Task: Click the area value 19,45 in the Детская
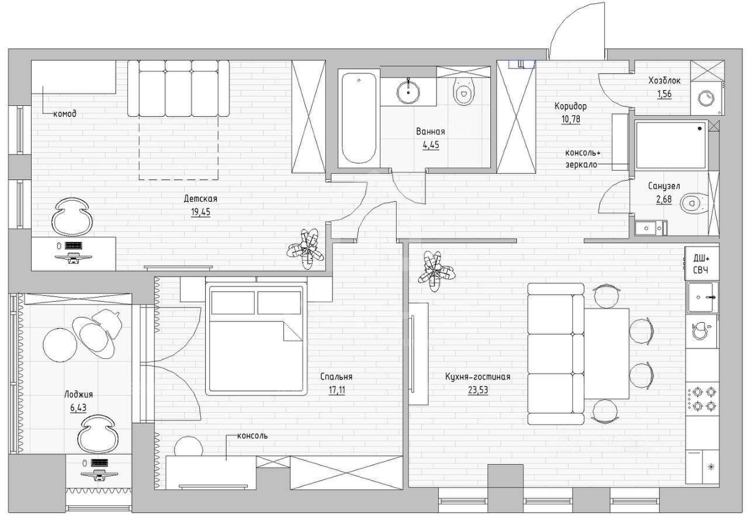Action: (x=200, y=213)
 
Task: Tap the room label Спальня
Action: (x=336, y=377)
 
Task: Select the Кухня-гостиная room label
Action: (x=478, y=377)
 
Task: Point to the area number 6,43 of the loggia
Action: (x=78, y=408)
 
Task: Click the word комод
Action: (x=65, y=114)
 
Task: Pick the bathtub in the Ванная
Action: (x=359, y=118)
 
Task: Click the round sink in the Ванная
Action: (x=408, y=91)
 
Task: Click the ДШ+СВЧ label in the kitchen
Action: (x=701, y=264)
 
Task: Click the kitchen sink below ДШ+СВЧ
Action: (x=702, y=297)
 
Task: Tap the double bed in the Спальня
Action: (x=256, y=339)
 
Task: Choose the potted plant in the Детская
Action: (x=306, y=248)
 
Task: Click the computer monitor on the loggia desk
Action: (x=99, y=475)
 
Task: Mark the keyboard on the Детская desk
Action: (x=73, y=246)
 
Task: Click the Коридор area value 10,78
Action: (x=571, y=119)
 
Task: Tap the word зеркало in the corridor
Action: (x=581, y=164)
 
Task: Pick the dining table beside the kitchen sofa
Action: (x=607, y=354)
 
